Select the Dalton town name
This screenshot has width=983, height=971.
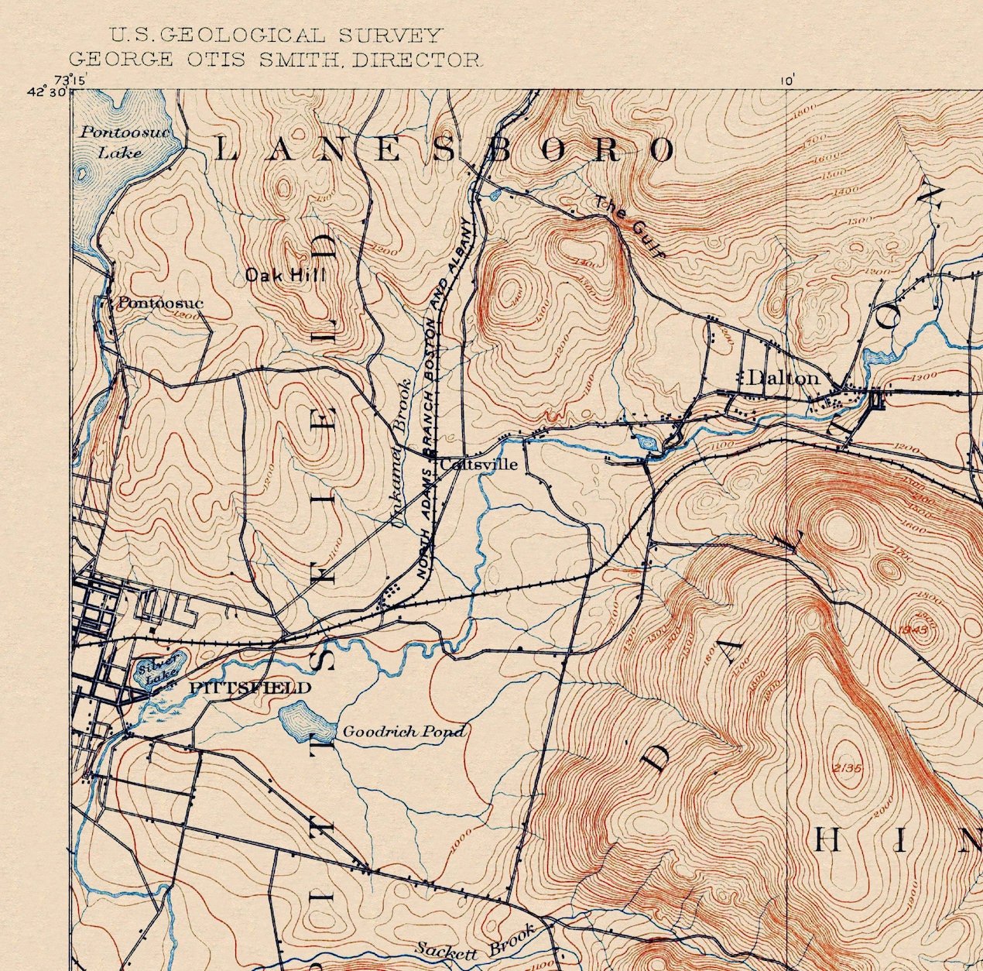tap(783, 378)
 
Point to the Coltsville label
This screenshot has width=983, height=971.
tap(478, 465)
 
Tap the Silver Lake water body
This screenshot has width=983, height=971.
tap(157, 671)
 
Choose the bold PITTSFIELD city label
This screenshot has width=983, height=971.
tap(249, 688)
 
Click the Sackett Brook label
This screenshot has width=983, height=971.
tap(475, 942)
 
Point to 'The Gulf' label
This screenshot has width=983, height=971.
tap(629, 225)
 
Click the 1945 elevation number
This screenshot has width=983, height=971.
tap(913, 630)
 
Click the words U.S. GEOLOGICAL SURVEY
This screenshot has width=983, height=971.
tap(276, 35)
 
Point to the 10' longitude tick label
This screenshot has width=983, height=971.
tap(787, 80)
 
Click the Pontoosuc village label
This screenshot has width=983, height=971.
tap(159, 303)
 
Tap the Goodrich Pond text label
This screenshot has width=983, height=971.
tap(403, 731)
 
